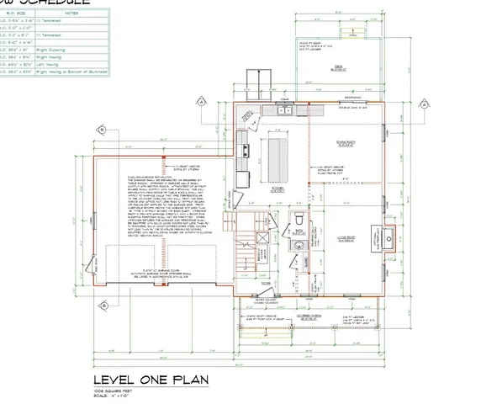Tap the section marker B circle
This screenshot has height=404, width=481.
point(102,129)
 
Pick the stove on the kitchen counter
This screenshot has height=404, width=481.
point(246,151)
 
